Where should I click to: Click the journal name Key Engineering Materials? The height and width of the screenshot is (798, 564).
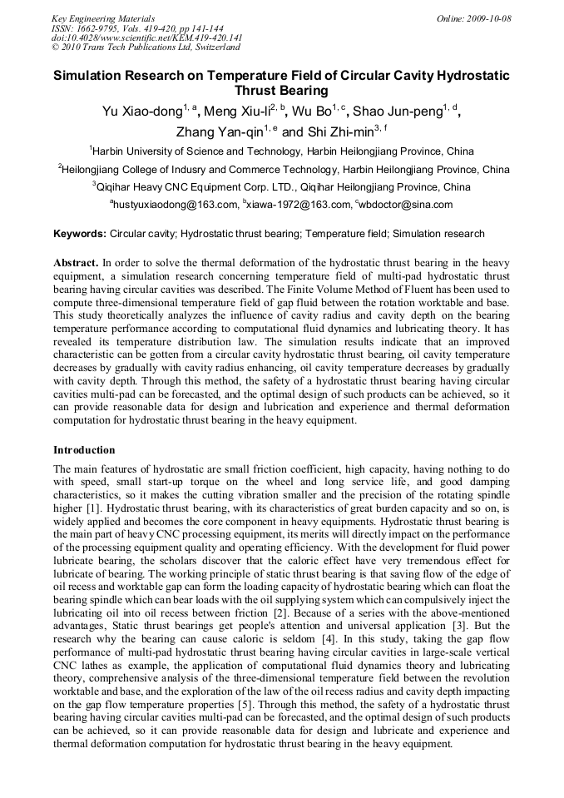[x=103, y=17]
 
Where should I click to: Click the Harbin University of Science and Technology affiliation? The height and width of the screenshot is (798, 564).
[x=283, y=151]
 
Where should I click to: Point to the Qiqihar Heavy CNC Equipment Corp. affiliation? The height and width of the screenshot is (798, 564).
[x=283, y=187]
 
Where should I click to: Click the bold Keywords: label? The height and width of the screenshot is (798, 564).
[x=79, y=235]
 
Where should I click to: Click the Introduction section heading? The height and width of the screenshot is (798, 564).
[x=84, y=450]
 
